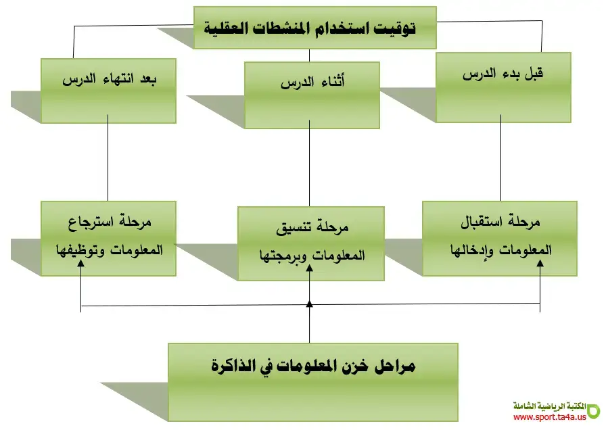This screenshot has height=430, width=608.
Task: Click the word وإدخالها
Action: (x=470, y=249)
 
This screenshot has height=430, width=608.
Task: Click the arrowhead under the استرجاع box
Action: (x=81, y=264)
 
